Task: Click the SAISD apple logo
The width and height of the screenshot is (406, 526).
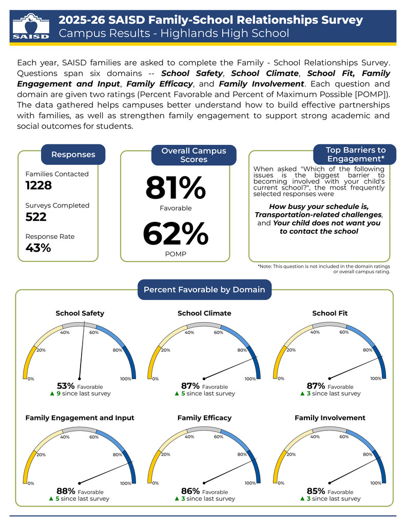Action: pyautogui.click(x=31, y=26)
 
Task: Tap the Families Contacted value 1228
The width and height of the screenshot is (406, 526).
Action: pyautogui.click(x=38, y=185)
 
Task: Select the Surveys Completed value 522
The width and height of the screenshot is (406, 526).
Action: pyautogui.click(x=36, y=217)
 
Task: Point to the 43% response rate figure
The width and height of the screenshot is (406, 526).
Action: pyautogui.click(x=38, y=248)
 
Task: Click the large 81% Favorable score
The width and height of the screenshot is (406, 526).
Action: pyautogui.click(x=176, y=188)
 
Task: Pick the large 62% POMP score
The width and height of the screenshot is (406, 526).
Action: pyautogui.click(x=176, y=234)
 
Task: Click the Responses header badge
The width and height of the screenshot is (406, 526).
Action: pyautogui.click(x=73, y=155)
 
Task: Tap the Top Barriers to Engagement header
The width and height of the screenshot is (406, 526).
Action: pyautogui.click(x=355, y=154)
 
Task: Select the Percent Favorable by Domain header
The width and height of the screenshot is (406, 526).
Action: pyautogui.click(x=204, y=290)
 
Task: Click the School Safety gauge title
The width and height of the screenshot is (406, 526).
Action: pyautogui.click(x=80, y=313)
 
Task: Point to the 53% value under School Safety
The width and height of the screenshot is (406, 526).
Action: pyautogui.click(x=66, y=386)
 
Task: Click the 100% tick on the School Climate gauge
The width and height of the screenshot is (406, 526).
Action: pyautogui.click(x=250, y=379)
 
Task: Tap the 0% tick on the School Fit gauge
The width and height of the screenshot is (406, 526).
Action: pyautogui.click(x=281, y=379)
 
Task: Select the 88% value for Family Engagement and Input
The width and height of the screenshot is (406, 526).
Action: pyautogui.click(x=66, y=491)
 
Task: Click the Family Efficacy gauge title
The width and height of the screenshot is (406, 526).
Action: pyautogui.click(x=204, y=418)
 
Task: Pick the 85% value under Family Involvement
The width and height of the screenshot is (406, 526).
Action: pyautogui.click(x=316, y=491)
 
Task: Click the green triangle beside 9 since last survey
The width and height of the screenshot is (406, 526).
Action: pyautogui.click(x=52, y=393)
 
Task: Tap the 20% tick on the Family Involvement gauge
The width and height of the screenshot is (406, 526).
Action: pyautogui.click(x=291, y=455)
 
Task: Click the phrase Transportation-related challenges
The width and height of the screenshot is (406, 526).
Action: pyautogui.click(x=318, y=215)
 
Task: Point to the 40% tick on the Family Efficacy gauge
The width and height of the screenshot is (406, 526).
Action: pyautogui.click(x=189, y=437)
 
